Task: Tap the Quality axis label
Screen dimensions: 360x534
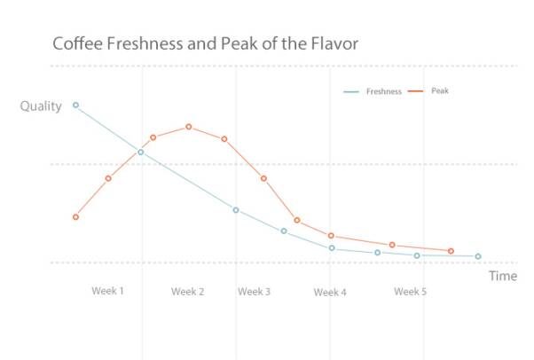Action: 41,106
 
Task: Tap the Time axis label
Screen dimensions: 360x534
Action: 502,276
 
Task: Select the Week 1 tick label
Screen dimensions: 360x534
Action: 108,292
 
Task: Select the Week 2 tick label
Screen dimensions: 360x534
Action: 188,292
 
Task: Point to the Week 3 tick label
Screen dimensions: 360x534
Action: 254,292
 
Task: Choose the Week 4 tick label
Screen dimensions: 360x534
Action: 330,292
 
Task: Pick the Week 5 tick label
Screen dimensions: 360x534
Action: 410,292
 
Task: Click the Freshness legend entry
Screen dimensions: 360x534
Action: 383,91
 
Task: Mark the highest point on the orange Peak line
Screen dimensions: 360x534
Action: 189,127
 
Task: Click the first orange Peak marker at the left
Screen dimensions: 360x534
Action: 76,216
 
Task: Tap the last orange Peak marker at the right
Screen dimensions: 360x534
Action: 451,251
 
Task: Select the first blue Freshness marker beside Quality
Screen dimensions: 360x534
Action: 75,105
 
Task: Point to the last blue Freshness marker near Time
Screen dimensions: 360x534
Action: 478,256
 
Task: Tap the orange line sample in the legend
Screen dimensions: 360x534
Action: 415,91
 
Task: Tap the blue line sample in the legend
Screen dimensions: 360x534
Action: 350,91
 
